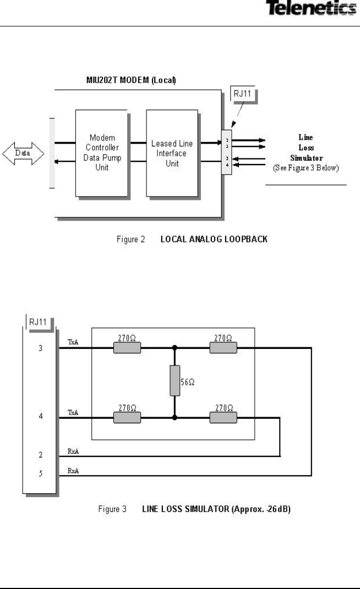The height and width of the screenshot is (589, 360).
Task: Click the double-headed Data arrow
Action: tap(23, 154)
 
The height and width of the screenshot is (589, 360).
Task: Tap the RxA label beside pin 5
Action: tap(72, 469)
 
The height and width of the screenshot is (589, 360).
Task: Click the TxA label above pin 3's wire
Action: tap(72, 342)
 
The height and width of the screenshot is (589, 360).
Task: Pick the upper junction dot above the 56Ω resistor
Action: tap(174, 348)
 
